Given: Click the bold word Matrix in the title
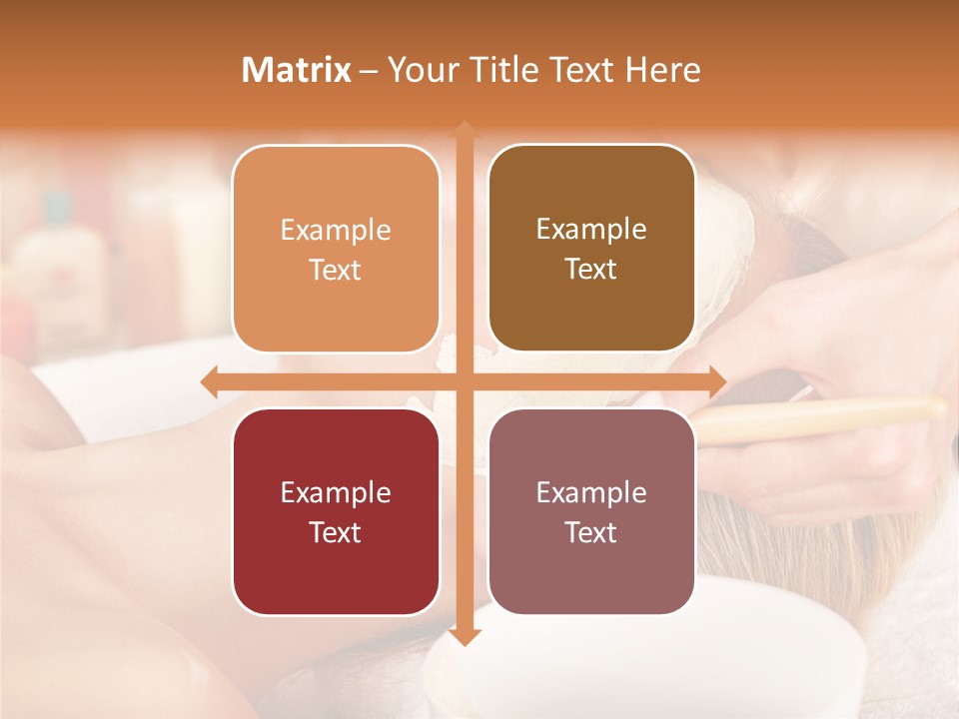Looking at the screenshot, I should (x=297, y=70).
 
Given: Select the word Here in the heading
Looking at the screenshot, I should (x=662, y=70).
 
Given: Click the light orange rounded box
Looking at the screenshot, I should (x=336, y=249).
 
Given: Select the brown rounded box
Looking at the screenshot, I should (x=591, y=249).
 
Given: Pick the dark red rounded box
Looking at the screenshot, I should (x=336, y=511).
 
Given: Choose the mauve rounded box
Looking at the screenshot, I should (x=591, y=511).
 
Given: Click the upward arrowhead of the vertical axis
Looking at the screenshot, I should (x=464, y=131).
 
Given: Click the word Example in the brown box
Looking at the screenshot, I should (x=591, y=230).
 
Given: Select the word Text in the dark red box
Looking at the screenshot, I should (x=336, y=532).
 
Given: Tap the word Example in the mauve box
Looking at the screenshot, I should (x=591, y=492).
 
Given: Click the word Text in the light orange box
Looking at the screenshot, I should (x=336, y=271).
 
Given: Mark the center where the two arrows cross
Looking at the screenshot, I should (x=464, y=381).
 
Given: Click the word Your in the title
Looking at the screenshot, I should (x=419, y=71).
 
